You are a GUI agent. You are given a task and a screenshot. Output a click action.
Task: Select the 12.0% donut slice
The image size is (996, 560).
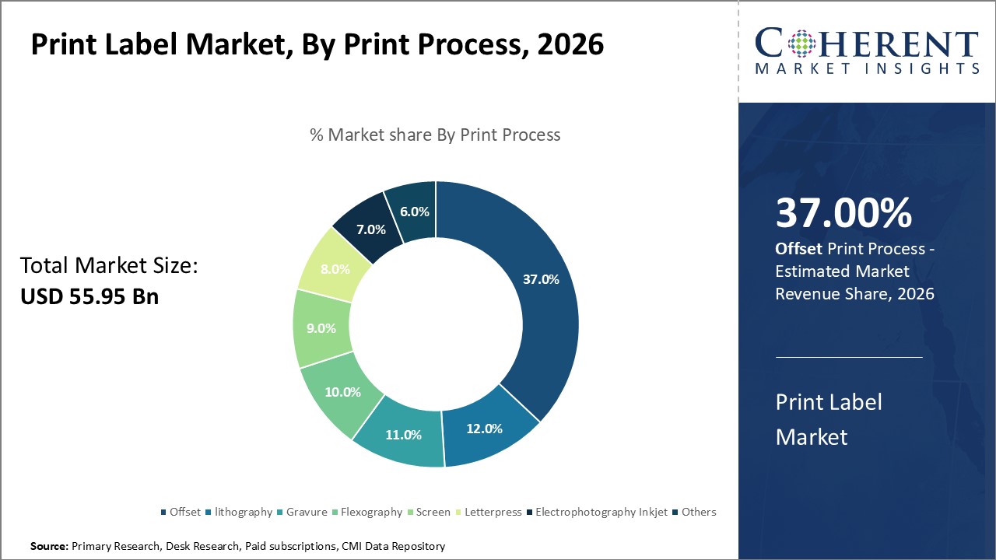coord(485,429)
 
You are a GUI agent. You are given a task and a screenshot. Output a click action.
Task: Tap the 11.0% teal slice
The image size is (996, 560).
coord(402,435)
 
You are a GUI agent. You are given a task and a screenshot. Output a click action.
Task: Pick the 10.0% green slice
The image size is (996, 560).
coord(342,392)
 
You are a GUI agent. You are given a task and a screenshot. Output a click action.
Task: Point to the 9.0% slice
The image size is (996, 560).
coord(321,328)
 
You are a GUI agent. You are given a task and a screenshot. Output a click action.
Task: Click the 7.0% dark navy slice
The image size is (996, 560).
coord(370,229)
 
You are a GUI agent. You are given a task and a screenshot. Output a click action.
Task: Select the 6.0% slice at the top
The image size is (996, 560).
coord(413,212)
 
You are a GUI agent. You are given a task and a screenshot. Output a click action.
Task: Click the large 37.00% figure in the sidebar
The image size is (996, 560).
coord(843,213)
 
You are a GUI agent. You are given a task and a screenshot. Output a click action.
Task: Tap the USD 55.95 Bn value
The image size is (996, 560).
coord(89,296)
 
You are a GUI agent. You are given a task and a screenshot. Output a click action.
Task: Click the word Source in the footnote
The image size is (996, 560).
coord(48,547)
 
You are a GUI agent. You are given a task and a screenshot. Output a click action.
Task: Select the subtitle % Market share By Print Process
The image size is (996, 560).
coord(435,135)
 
